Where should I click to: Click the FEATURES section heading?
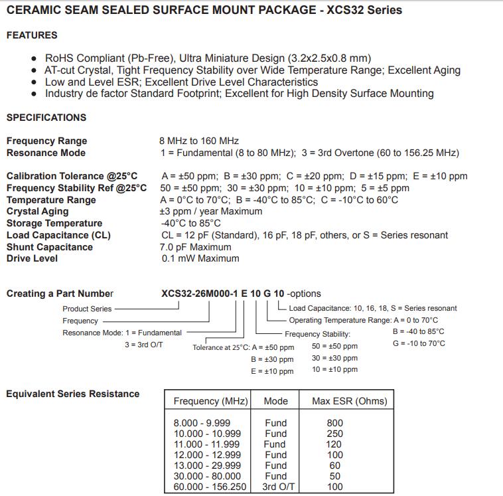32,35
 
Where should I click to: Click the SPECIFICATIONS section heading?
46,118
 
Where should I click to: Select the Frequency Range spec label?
46,141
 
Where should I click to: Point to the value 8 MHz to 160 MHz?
200,141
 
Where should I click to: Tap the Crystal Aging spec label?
37,211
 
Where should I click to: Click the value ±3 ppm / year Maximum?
212,211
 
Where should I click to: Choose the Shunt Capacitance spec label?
50,247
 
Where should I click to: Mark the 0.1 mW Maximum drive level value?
200,258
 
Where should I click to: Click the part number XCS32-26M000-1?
199,293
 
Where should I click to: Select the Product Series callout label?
87,309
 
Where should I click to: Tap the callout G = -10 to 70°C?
419,343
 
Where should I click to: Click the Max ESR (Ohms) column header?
349,401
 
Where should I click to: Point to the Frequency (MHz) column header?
210,401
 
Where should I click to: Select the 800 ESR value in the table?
335,423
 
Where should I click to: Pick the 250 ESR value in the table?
335,434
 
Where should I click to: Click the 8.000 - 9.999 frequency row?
202,423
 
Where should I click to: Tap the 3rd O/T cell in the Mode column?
275,487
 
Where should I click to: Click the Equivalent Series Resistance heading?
72,394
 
